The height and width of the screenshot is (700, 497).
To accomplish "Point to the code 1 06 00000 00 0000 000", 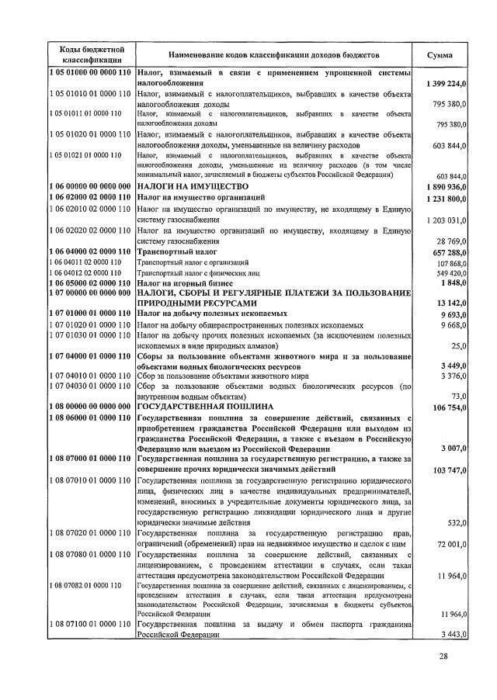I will (x=89, y=187).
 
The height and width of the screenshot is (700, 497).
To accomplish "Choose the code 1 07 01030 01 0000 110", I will (x=89, y=334).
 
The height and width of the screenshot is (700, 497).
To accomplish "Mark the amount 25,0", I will (x=457, y=345).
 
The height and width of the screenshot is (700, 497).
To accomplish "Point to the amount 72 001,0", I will (x=451, y=546).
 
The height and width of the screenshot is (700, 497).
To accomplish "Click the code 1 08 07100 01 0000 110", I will (x=89, y=625).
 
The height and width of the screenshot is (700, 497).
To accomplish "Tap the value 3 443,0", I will (x=453, y=635).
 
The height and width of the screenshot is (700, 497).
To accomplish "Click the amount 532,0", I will (x=455, y=524).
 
